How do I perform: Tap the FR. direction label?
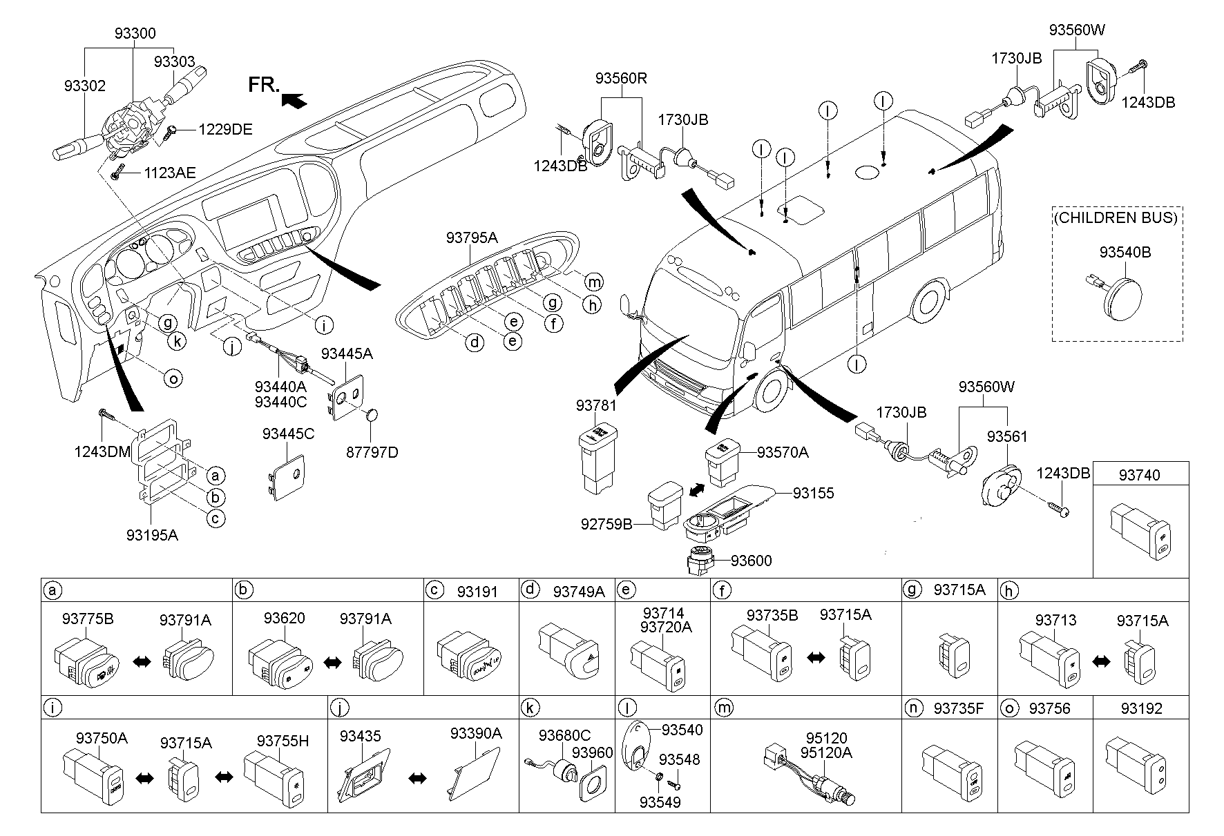263,85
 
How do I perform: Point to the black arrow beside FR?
294,101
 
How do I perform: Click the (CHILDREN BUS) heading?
1116,217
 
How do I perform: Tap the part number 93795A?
472,237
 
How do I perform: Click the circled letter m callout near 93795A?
593,281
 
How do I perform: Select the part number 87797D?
371,452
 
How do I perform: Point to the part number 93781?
595,406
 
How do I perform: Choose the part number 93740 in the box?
1140,475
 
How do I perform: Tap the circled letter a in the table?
50,590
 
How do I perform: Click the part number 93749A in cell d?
578,592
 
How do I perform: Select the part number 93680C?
564,736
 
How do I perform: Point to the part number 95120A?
826,753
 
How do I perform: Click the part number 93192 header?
1141,708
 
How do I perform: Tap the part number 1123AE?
170,173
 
